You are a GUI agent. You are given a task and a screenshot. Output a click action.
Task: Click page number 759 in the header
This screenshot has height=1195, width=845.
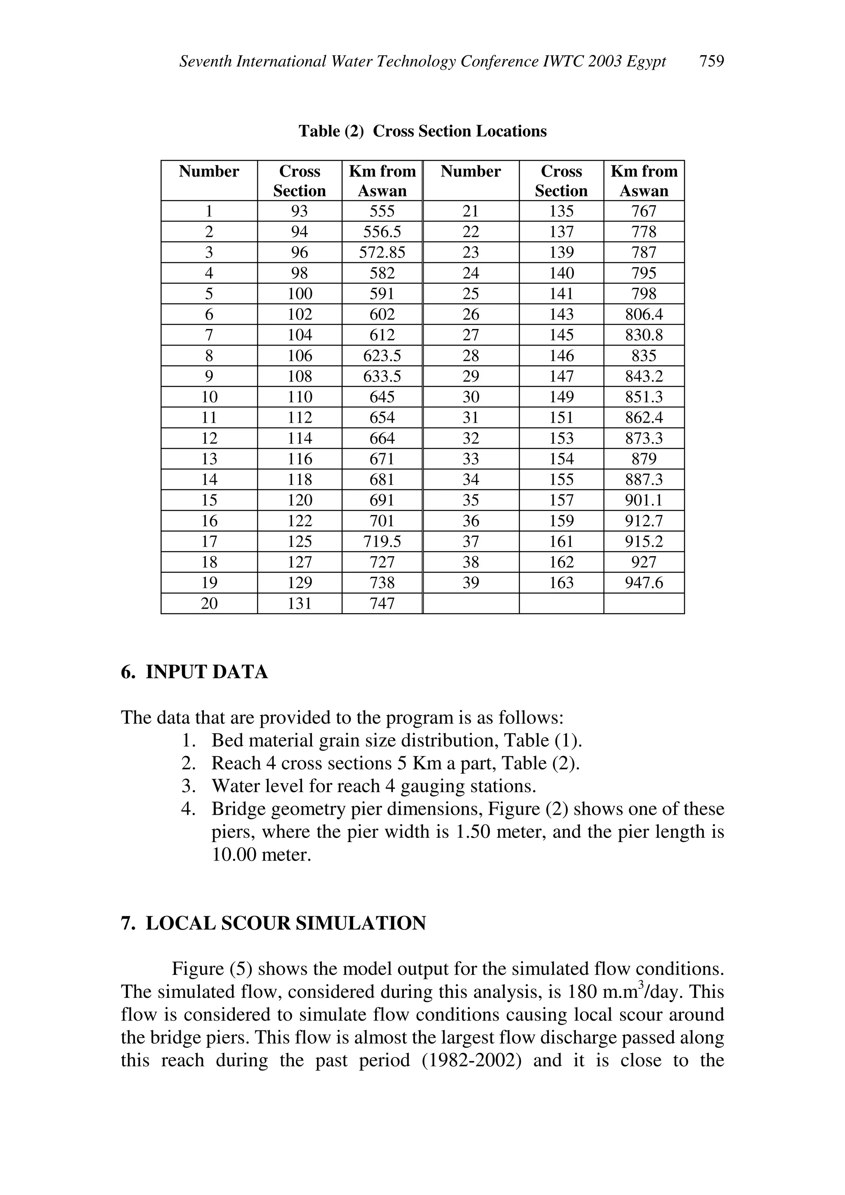pyautogui.click(x=711, y=61)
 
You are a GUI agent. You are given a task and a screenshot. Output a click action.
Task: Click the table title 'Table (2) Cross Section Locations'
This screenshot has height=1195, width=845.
pyautogui.click(x=422, y=131)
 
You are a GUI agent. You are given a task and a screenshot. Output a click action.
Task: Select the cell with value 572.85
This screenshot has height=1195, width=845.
pyautogui.click(x=382, y=252)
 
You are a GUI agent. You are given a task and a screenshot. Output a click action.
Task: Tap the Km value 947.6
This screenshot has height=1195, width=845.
pyautogui.click(x=644, y=582)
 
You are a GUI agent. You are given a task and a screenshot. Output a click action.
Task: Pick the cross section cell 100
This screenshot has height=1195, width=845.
pyautogui.click(x=300, y=294)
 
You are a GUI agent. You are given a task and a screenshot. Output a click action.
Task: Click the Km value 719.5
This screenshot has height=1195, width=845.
pyautogui.click(x=382, y=541)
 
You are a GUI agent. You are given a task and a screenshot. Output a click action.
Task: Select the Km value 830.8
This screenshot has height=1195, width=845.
pyautogui.click(x=644, y=335)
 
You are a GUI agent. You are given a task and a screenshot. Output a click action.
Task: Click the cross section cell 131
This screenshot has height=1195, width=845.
pyautogui.click(x=300, y=603)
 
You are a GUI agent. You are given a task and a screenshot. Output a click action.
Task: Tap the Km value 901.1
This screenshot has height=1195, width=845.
pyautogui.click(x=644, y=500)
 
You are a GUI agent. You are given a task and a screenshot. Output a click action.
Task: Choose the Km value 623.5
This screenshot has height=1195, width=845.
pyautogui.click(x=382, y=355)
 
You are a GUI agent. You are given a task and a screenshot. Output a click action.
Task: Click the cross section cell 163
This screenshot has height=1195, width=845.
pyautogui.click(x=561, y=582)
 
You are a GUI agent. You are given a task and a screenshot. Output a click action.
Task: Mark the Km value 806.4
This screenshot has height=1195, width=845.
pyautogui.click(x=644, y=314)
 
